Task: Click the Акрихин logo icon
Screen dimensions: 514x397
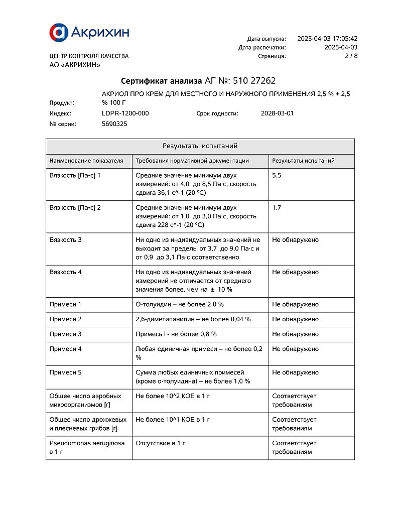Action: click(58, 32)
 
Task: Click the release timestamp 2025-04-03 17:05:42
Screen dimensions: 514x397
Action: click(327, 39)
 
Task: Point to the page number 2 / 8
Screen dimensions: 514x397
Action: click(351, 56)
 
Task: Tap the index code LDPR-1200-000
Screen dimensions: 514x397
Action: click(125, 113)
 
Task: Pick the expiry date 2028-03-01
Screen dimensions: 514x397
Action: click(277, 113)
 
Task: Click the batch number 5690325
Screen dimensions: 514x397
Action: click(114, 124)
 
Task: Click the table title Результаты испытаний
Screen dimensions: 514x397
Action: click(200, 146)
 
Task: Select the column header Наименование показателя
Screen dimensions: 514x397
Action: click(86, 161)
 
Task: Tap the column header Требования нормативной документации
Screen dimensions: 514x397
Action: click(192, 161)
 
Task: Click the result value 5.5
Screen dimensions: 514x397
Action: click(277, 176)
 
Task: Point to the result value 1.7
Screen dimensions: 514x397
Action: click(277, 208)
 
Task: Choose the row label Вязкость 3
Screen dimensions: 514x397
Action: click(65, 240)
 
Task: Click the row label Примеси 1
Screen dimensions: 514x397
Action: click(65, 304)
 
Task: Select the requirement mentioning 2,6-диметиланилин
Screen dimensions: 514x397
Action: click(193, 319)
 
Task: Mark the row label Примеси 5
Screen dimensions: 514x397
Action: click(65, 372)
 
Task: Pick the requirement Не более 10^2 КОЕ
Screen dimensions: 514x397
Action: click(173, 396)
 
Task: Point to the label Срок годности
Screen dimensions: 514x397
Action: click(217, 113)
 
